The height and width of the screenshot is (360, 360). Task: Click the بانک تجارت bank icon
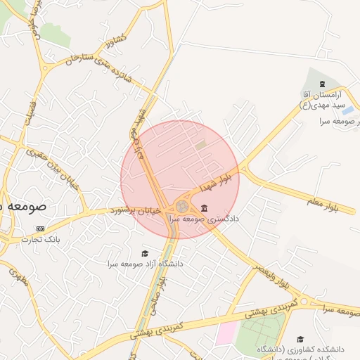click(x=39, y=229)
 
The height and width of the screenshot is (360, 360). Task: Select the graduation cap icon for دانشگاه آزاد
click(x=145, y=254)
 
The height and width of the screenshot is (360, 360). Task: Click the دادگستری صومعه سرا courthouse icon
click(x=204, y=208)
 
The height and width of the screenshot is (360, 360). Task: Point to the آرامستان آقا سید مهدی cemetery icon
click(x=314, y=84)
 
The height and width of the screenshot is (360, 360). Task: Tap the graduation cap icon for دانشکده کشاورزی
click(x=300, y=339)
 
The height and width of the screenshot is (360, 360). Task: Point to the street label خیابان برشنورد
click(x=136, y=210)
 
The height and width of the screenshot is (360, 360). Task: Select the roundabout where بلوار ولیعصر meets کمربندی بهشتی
click(x=302, y=302)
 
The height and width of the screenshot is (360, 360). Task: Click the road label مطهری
click(x=19, y=277)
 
